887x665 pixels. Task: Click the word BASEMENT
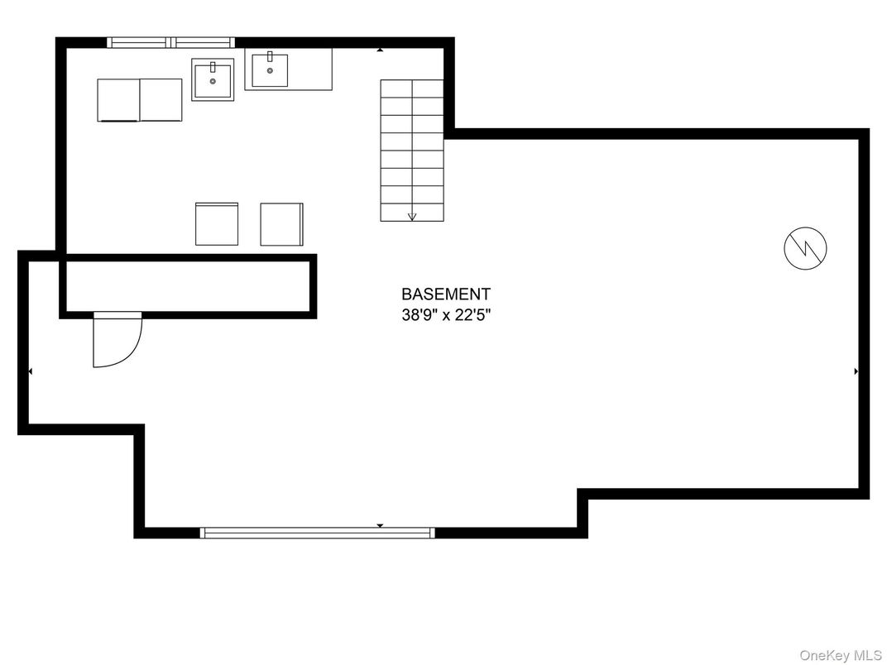(x=445, y=294)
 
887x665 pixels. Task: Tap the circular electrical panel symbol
(x=805, y=247)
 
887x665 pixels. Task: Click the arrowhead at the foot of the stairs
(x=412, y=217)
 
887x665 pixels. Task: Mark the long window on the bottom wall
(x=318, y=533)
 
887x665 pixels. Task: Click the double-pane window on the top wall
(x=171, y=42)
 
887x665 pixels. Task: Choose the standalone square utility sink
(x=213, y=79)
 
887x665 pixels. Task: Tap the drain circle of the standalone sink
(x=213, y=82)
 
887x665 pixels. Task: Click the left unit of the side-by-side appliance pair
(x=118, y=100)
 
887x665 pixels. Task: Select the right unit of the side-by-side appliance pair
(x=161, y=100)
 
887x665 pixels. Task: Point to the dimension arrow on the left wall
(x=30, y=371)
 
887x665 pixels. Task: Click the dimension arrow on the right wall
(x=856, y=371)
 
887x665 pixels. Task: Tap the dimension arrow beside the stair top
(x=380, y=50)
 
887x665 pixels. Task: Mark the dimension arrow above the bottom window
(x=380, y=525)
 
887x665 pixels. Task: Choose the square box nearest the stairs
(x=281, y=224)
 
